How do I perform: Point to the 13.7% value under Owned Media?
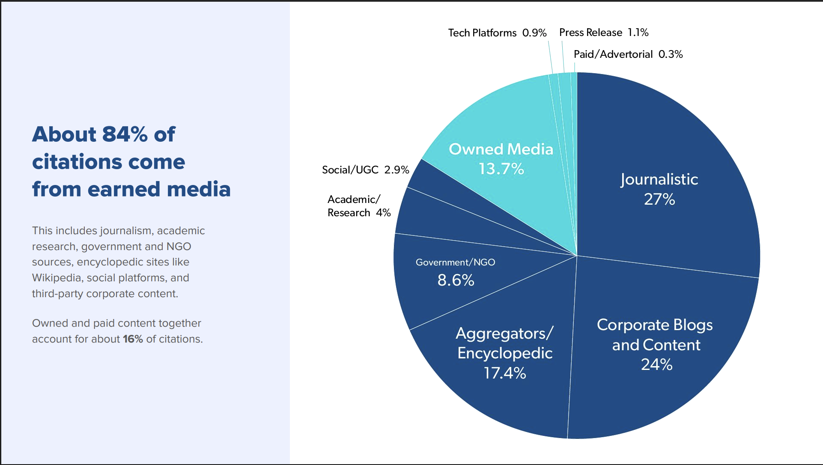(x=501, y=169)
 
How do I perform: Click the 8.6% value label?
(x=456, y=280)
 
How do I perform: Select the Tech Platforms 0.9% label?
(x=498, y=33)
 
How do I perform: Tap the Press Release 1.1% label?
(x=604, y=33)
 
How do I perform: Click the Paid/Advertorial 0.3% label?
(x=628, y=54)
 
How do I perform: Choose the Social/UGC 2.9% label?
(x=366, y=170)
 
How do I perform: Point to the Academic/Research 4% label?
(x=359, y=206)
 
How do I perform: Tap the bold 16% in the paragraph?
(x=133, y=339)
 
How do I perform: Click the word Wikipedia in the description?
(x=57, y=278)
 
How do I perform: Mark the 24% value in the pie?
(x=656, y=365)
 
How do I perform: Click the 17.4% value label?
(x=505, y=373)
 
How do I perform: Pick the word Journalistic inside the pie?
(x=659, y=179)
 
